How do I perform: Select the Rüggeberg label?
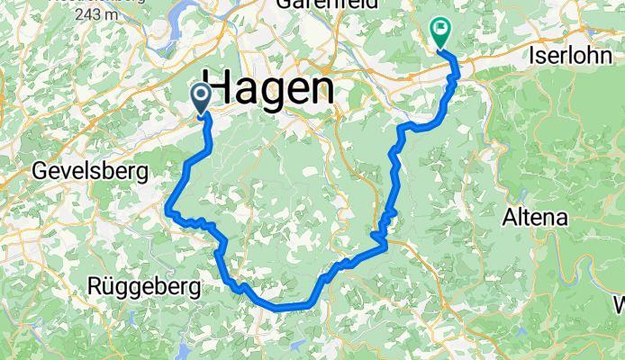tap(144, 287)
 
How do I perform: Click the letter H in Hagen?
tap(222, 89)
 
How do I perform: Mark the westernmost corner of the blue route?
tap(168, 210)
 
